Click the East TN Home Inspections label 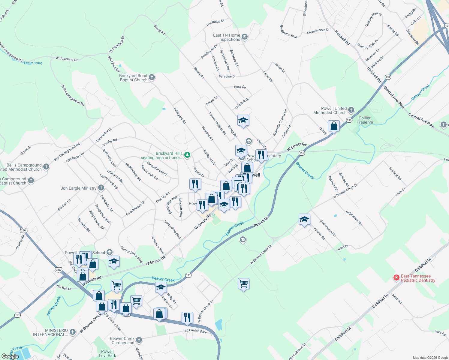tap(227, 37)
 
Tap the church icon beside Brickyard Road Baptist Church tap(152, 77)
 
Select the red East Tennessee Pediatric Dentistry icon tap(396, 278)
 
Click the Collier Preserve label tap(365, 120)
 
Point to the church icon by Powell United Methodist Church tap(351, 110)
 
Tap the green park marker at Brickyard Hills tap(187, 155)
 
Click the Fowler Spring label tap(33, 63)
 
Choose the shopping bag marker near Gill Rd tap(334, 126)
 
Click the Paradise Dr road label tap(227, 76)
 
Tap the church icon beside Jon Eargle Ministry tap(101, 188)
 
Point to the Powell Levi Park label tap(107, 353)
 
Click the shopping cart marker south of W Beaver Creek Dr tap(243, 283)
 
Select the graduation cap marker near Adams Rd tap(304, 219)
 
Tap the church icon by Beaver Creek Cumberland tap(139, 340)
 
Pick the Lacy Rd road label tap(440, 332)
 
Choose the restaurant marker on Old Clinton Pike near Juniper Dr tap(187, 317)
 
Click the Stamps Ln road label tap(64, 205)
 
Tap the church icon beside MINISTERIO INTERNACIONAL tap(72, 332)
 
